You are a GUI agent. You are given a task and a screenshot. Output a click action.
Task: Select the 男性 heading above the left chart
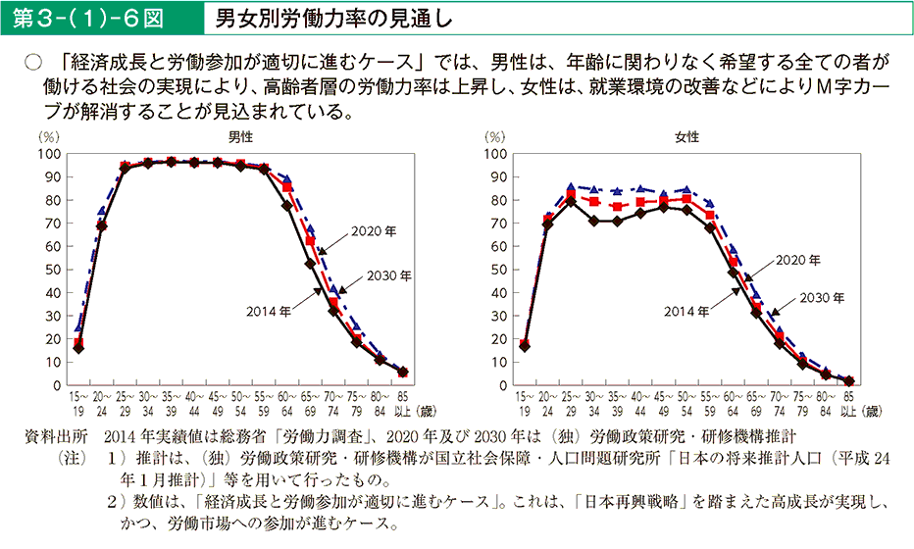tap(238, 138)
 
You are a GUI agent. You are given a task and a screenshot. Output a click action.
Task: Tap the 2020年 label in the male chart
tap(377, 231)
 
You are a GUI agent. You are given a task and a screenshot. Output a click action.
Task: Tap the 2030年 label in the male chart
tap(389, 275)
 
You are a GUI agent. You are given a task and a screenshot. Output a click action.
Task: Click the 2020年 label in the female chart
tap(798, 261)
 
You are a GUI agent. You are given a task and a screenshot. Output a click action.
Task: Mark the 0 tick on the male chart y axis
tap(57, 385)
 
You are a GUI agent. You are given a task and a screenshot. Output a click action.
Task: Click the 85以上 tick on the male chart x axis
tap(402, 404)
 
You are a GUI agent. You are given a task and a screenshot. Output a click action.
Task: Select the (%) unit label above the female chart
tap(496, 138)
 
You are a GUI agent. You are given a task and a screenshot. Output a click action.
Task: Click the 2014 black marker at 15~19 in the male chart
tap(78, 348)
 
